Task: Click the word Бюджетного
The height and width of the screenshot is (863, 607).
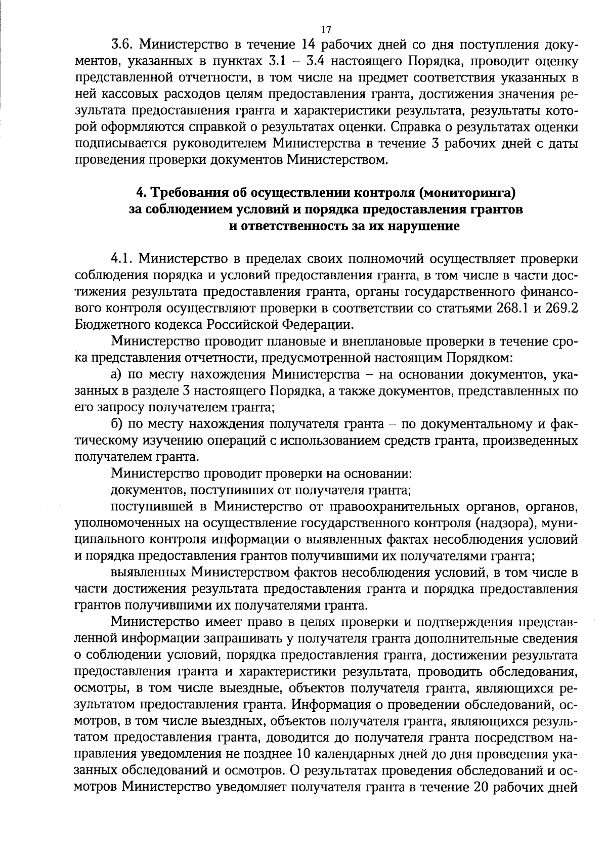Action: tap(104, 324)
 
